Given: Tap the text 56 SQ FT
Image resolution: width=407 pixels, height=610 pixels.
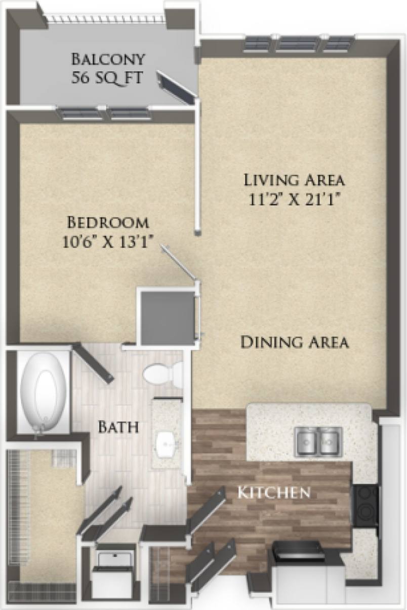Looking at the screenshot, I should pyautogui.click(x=108, y=78).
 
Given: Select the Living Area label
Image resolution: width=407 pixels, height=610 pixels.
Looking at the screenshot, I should pyautogui.click(x=294, y=180).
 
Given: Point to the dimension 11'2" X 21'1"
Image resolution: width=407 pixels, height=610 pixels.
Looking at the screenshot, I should pyautogui.click(x=294, y=199).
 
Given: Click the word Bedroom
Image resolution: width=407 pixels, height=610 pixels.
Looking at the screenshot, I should pyautogui.click(x=108, y=222).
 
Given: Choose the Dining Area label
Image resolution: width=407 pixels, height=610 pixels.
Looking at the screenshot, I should pyautogui.click(x=294, y=342).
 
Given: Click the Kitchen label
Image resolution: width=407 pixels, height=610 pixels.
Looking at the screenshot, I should pyautogui.click(x=274, y=492).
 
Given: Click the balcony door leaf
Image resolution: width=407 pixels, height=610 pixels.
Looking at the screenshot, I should pyautogui.click(x=175, y=87).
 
